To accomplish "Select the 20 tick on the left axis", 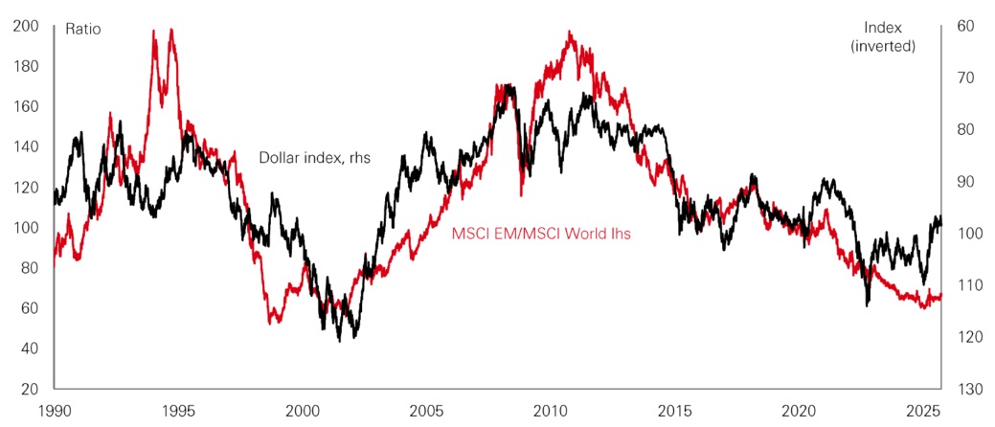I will click(x=28, y=389).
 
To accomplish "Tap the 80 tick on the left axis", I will click(x=28, y=268).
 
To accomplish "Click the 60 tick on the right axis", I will click(x=964, y=27).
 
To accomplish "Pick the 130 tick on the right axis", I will click(x=967, y=389).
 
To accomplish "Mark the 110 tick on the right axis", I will click(x=967, y=285).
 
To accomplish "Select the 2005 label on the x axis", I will click(x=426, y=411).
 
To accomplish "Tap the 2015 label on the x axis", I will click(x=674, y=411).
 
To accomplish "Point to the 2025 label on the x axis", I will click(x=921, y=411).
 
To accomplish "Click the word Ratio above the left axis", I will click(x=82, y=29).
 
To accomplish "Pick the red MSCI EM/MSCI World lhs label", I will click(x=540, y=232).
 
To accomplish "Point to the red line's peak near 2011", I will click(x=570, y=33).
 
